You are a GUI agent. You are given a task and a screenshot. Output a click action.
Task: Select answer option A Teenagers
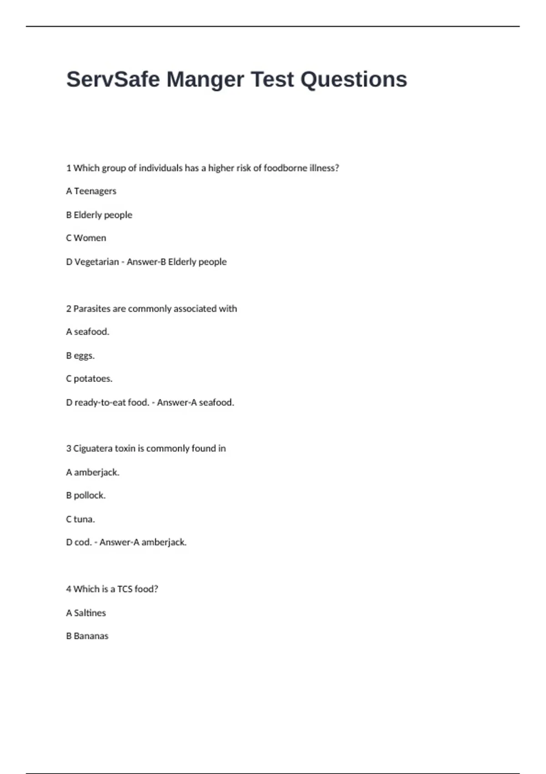[x=91, y=191]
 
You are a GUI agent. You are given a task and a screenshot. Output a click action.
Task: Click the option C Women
[x=86, y=238]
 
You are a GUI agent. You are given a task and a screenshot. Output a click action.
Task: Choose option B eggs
[x=81, y=356]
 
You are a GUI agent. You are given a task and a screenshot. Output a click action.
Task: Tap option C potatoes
[x=89, y=379]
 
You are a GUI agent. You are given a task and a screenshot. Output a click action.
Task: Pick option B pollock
[x=86, y=495]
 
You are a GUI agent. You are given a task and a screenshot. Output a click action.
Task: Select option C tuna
[x=81, y=519]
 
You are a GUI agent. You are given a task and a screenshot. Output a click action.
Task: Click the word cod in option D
[x=83, y=542]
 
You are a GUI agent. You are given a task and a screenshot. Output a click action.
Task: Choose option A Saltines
[x=86, y=613]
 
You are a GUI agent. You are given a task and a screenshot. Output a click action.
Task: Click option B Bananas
[x=87, y=636]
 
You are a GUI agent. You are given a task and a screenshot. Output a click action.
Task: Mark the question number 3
[x=69, y=448]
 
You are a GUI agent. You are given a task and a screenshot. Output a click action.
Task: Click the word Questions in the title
[x=354, y=80]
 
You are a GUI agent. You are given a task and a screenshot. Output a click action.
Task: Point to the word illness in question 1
[x=324, y=168]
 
